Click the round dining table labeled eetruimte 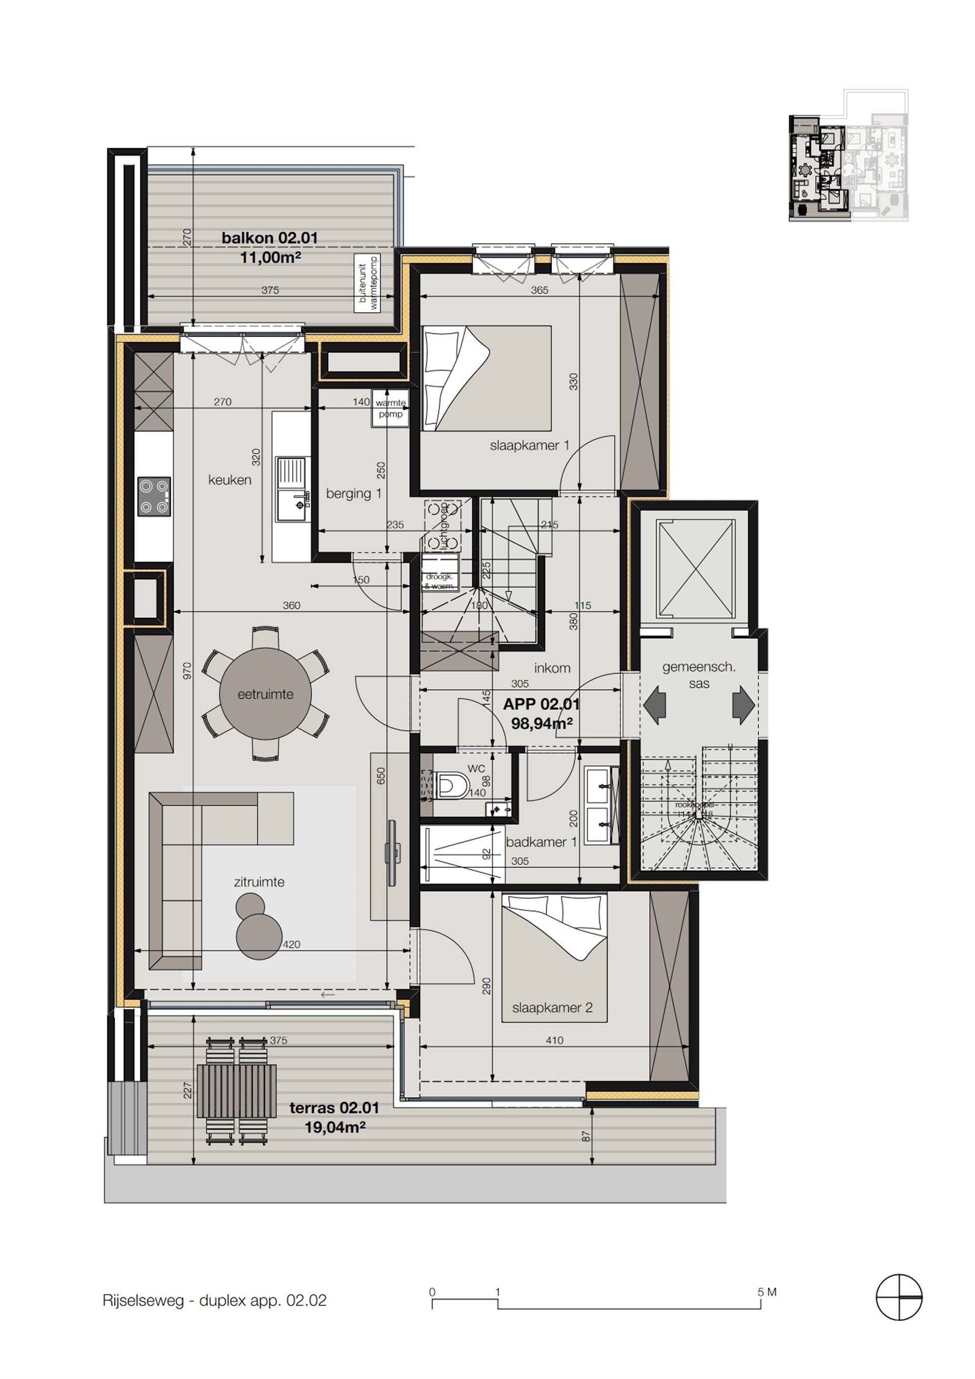tap(265, 694)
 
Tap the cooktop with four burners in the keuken tap(154, 496)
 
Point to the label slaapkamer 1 tap(529, 445)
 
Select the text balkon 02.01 tap(270, 237)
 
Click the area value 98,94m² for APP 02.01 tap(541, 723)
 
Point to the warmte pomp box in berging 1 tap(391, 408)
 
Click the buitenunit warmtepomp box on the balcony tap(368, 283)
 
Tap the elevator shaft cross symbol tap(695, 569)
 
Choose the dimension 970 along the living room tap(187, 670)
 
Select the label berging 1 tap(353, 493)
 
